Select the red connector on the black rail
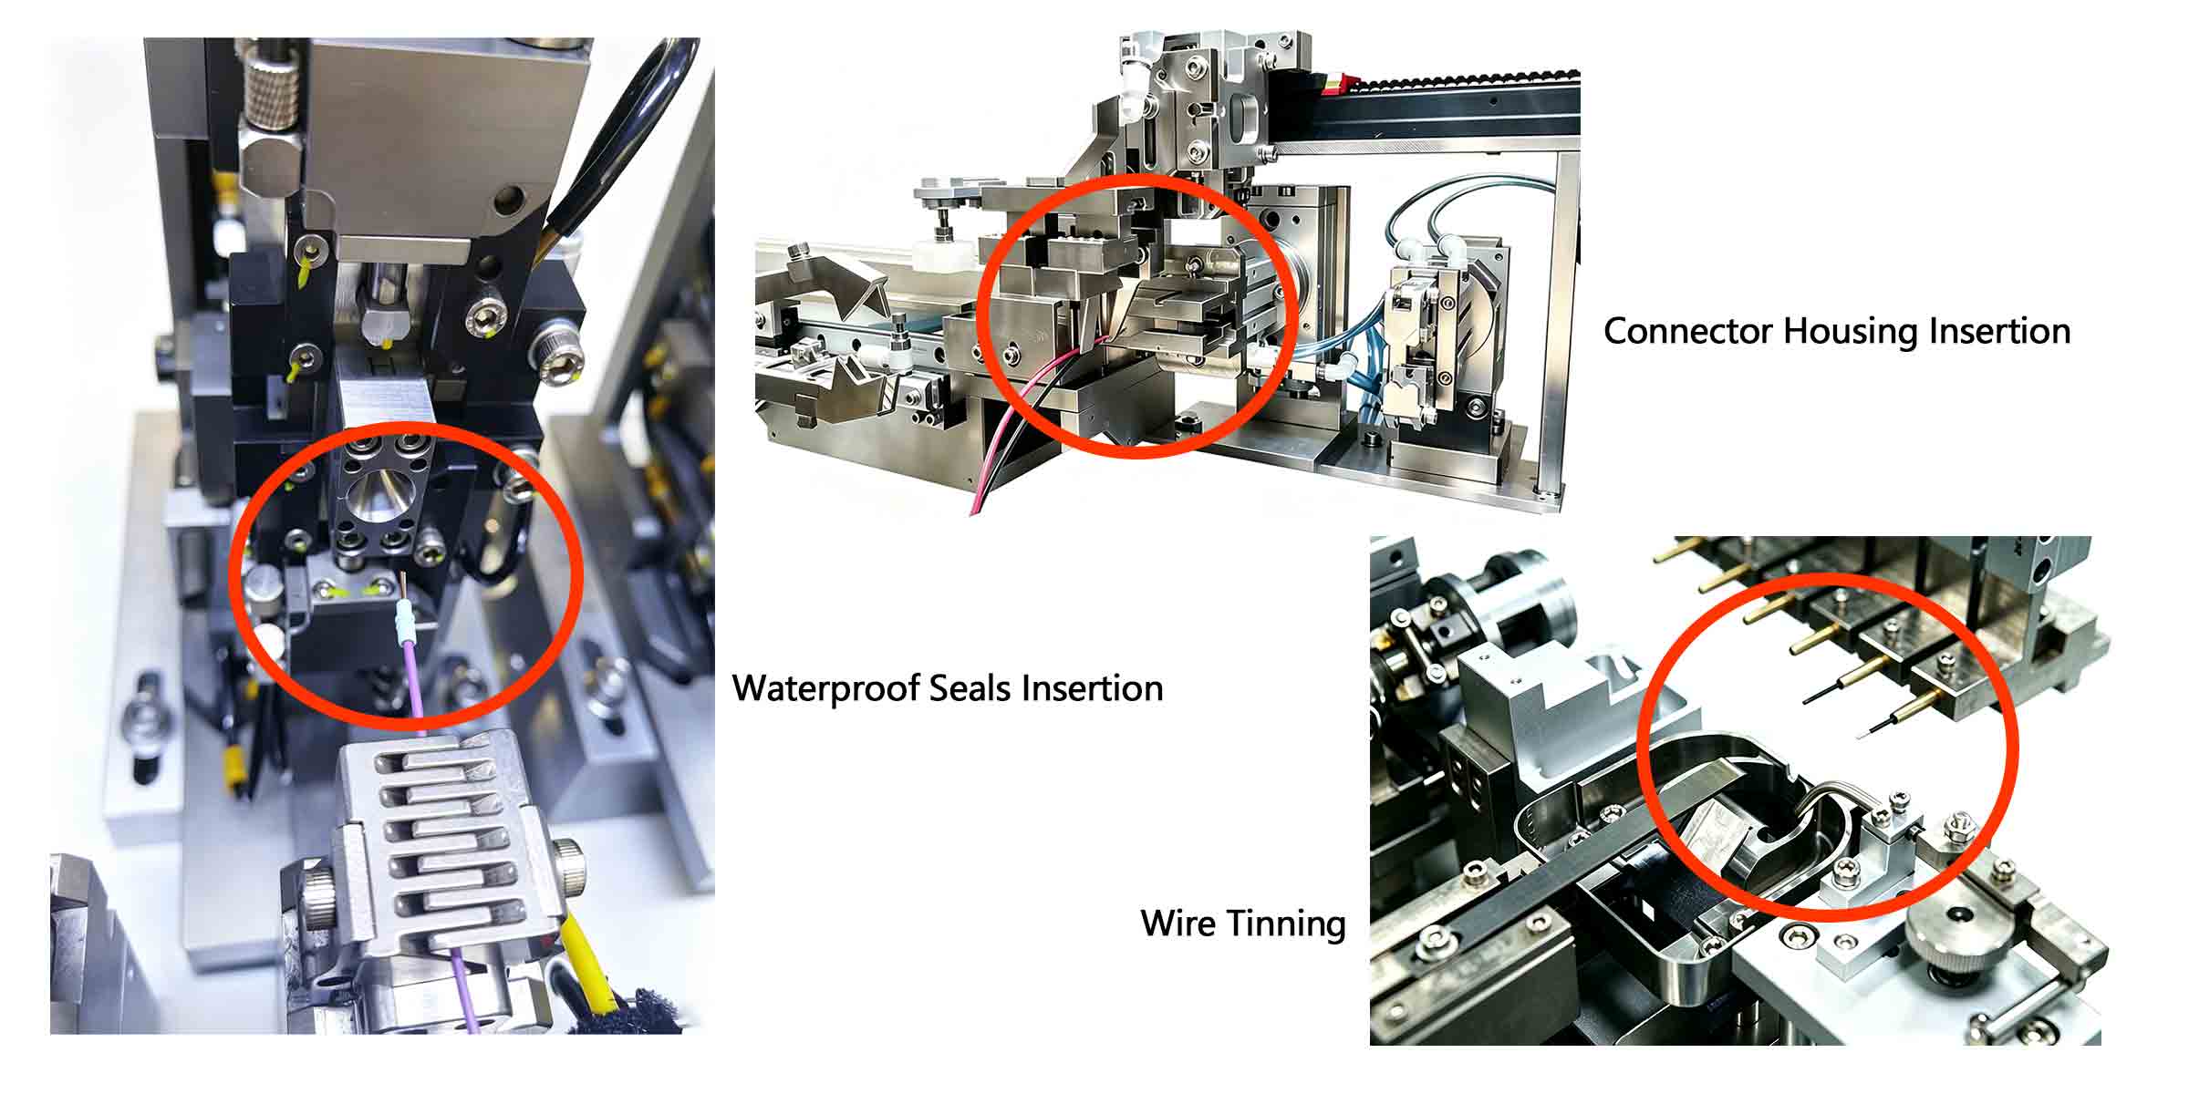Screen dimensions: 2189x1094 click(1332, 86)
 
